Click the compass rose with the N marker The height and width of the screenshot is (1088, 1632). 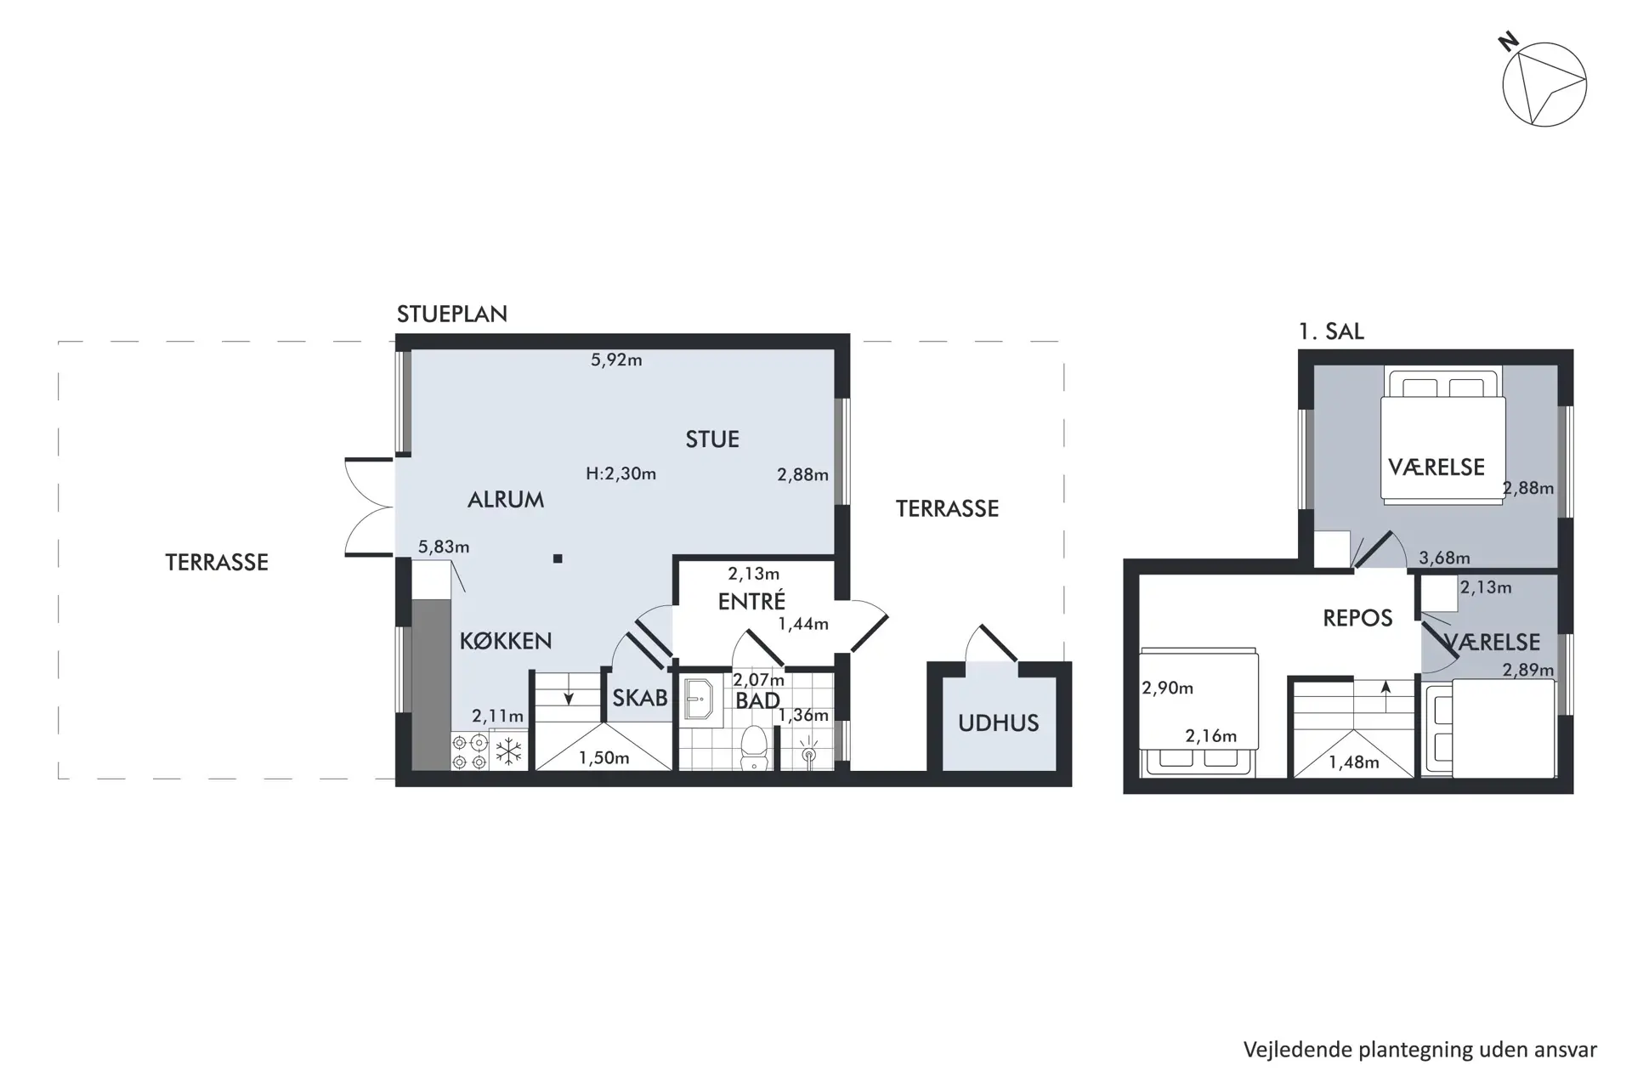click(x=1544, y=84)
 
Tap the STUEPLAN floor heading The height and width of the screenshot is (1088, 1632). click(x=451, y=314)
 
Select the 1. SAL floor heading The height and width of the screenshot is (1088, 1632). click(x=1331, y=331)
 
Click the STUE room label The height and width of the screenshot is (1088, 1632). click(x=712, y=439)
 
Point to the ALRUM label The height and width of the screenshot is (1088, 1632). click(x=506, y=500)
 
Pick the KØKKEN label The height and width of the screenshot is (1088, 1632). click(x=506, y=641)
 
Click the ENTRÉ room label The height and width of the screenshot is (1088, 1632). click(x=751, y=601)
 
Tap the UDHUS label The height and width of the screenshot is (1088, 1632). click(x=998, y=723)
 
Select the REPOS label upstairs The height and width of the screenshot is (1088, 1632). click(x=1357, y=618)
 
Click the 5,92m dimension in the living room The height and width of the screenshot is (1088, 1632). click(x=616, y=360)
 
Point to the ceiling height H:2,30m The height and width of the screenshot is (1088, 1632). click(x=620, y=473)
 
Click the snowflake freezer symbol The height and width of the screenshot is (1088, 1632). click(x=508, y=751)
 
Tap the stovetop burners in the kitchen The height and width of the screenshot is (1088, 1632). click(x=470, y=752)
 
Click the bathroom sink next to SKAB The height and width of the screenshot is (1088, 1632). click(x=699, y=699)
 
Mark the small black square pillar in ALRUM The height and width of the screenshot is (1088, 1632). click(x=558, y=558)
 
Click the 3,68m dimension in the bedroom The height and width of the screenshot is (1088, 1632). click(x=1444, y=558)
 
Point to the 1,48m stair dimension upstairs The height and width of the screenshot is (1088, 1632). click(x=1354, y=762)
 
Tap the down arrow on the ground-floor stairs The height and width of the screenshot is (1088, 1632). click(x=569, y=695)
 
